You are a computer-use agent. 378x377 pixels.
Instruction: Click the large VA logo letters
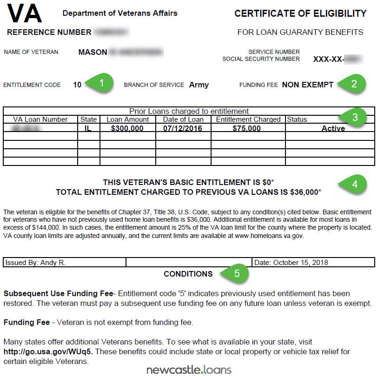pos(25,14)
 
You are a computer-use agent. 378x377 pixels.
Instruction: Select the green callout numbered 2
pos(354,84)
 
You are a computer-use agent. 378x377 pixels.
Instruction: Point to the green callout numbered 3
pos(355,117)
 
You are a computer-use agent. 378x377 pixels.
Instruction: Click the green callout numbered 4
pos(355,184)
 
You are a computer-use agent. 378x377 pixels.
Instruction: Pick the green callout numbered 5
pos(237,273)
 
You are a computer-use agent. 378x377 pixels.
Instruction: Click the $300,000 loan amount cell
pos(127,128)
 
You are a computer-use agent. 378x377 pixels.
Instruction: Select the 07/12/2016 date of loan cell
pos(183,128)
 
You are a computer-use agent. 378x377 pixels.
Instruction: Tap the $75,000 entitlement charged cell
pos(247,128)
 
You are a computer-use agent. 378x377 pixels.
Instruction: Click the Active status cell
pos(333,128)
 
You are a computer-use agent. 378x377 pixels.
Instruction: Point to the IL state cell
pos(88,128)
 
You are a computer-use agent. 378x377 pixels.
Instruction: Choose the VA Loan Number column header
pos(40,119)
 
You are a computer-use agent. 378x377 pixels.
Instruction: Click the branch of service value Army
pos(199,85)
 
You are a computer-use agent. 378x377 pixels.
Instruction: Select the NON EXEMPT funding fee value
pos(308,85)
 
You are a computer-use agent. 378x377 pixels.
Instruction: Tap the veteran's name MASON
pos(93,53)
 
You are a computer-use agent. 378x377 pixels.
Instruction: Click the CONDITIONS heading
pos(188,274)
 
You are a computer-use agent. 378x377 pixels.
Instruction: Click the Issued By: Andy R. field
pos(35,262)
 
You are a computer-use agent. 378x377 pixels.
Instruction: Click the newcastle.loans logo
pos(189,370)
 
